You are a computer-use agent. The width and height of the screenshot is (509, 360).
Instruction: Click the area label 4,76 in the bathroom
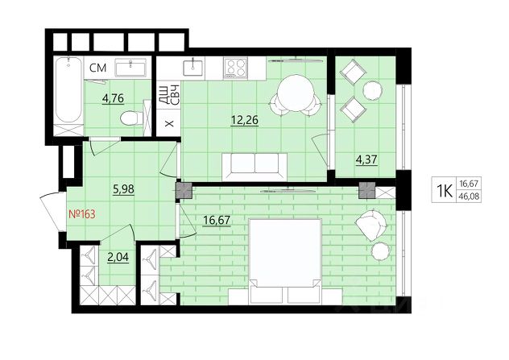point(113,98)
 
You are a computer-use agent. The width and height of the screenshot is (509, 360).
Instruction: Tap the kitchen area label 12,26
point(245,120)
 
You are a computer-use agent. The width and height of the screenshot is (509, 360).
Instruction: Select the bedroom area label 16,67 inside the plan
point(217,220)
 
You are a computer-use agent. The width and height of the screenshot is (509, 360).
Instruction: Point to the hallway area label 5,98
point(123,189)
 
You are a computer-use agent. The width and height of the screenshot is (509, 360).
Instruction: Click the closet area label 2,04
point(118,257)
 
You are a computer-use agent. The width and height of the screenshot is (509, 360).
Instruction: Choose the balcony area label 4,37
point(366,160)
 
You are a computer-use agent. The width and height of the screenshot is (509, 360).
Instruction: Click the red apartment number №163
point(82,214)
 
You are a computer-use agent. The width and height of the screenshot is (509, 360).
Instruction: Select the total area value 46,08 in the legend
point(469,197)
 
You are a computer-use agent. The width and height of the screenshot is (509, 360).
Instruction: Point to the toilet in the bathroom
point(131,118)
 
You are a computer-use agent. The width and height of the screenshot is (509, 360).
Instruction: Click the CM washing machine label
point(97,68)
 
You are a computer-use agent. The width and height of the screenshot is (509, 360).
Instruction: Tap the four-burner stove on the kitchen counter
point(235,68)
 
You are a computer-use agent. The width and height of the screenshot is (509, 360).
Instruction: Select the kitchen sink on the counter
point(192,68)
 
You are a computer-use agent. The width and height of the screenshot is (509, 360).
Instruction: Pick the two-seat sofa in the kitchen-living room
point(254,167)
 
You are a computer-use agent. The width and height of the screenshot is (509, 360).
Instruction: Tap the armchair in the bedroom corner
point(371,225)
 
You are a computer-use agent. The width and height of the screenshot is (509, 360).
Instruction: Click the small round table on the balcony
point(372,90)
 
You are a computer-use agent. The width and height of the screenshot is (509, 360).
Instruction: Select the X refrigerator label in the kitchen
point(169,123)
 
